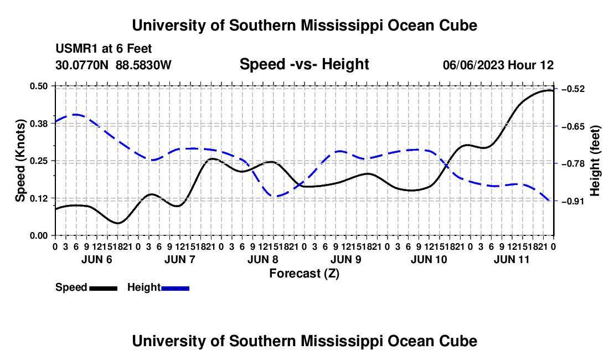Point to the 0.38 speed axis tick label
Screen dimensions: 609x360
39,124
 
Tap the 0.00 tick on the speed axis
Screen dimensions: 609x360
39,236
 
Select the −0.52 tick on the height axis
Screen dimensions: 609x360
573,89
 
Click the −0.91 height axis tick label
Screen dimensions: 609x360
573,201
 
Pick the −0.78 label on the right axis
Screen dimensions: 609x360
573,163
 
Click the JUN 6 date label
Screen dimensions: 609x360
97,259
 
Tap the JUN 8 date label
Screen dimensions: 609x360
263,259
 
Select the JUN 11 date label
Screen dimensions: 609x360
512,259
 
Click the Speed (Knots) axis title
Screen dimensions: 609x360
20,161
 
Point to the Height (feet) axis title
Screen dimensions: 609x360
595,161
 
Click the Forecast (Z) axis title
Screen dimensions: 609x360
304,274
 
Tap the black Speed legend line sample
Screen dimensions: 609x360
104,288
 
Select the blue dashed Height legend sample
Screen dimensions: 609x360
175,288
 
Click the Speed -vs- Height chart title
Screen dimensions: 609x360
304,64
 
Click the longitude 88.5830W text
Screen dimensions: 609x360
143,65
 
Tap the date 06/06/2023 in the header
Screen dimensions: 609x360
473,65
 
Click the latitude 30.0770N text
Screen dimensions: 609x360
82,65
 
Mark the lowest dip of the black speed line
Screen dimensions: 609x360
118,223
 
